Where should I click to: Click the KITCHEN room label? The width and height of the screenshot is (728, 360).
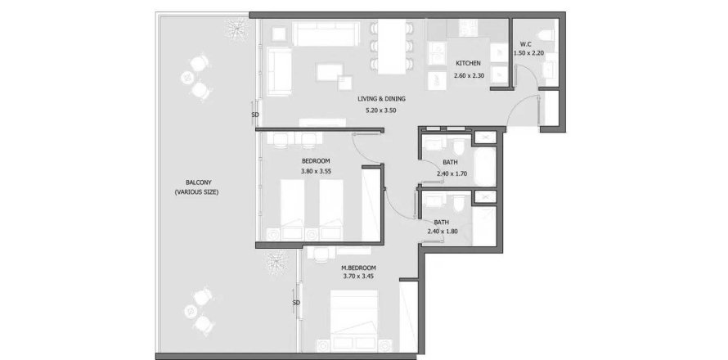[468, 63]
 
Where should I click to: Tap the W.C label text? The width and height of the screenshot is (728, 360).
[526, 45]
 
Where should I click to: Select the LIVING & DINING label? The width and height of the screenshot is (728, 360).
[382, 98]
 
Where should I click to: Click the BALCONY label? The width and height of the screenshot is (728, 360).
[196, 182]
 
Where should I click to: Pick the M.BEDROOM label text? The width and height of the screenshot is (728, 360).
[358, 268]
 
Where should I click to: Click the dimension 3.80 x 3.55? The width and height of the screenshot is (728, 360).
[315, 171]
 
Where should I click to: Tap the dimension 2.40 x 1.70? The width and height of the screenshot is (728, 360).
[452, 173]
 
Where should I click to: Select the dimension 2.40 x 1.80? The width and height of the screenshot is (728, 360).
[443, 231]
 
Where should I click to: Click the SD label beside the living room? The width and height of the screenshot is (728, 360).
[255, 115]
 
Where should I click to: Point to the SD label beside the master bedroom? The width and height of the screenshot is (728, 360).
[296, 303]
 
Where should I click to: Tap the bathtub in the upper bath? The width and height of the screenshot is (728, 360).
[485, 165]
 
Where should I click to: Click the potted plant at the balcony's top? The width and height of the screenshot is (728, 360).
[236, 30]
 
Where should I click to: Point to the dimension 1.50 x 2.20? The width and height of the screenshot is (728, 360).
[528, 53]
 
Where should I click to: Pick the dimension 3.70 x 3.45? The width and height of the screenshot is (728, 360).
[358, 276]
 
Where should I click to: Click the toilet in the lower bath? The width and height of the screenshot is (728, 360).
[460, 203]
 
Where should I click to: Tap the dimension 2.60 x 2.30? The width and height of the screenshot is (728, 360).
[470, 74]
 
